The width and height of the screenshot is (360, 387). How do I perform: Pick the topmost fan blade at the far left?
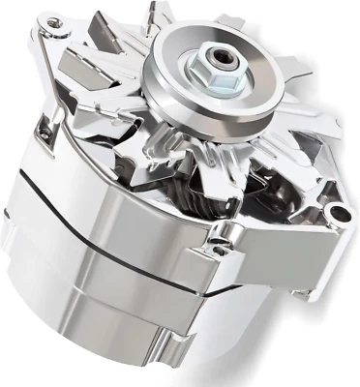pyautogui.click(x=116, y=44)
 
